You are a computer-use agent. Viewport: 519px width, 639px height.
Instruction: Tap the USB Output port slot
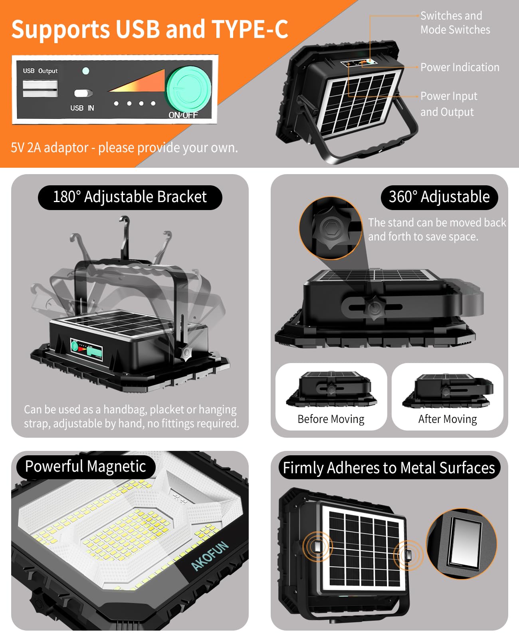(40, 88)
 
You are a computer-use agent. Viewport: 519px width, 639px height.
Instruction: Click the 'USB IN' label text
(82, 108)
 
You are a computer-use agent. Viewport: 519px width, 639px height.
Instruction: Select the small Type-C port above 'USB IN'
(83, 93)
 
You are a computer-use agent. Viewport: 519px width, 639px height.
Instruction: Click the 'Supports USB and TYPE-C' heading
(149, 29)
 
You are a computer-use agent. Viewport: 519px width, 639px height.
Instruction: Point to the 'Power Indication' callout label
(460, 67)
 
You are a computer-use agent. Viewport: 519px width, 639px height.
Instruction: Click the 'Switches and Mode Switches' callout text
(455, 23)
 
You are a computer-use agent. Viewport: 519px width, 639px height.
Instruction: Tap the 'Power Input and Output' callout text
(448, 104)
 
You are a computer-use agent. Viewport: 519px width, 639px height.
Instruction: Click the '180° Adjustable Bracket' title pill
(130, 197)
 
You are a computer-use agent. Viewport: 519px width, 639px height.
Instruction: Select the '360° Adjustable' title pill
(439, 197)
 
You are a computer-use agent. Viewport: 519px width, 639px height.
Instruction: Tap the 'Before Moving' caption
(331, 419)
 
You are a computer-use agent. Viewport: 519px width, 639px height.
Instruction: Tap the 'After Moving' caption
(448, 419)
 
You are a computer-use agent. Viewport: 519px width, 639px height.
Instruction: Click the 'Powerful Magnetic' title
(85, 466)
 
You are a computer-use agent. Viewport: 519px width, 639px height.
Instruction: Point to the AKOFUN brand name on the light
(210, 556)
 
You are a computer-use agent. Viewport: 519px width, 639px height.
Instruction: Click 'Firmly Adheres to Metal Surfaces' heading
(389, 468)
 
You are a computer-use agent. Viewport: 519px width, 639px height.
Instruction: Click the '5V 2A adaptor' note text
(124, 148)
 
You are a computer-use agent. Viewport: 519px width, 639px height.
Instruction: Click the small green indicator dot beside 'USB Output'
(85, 71)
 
